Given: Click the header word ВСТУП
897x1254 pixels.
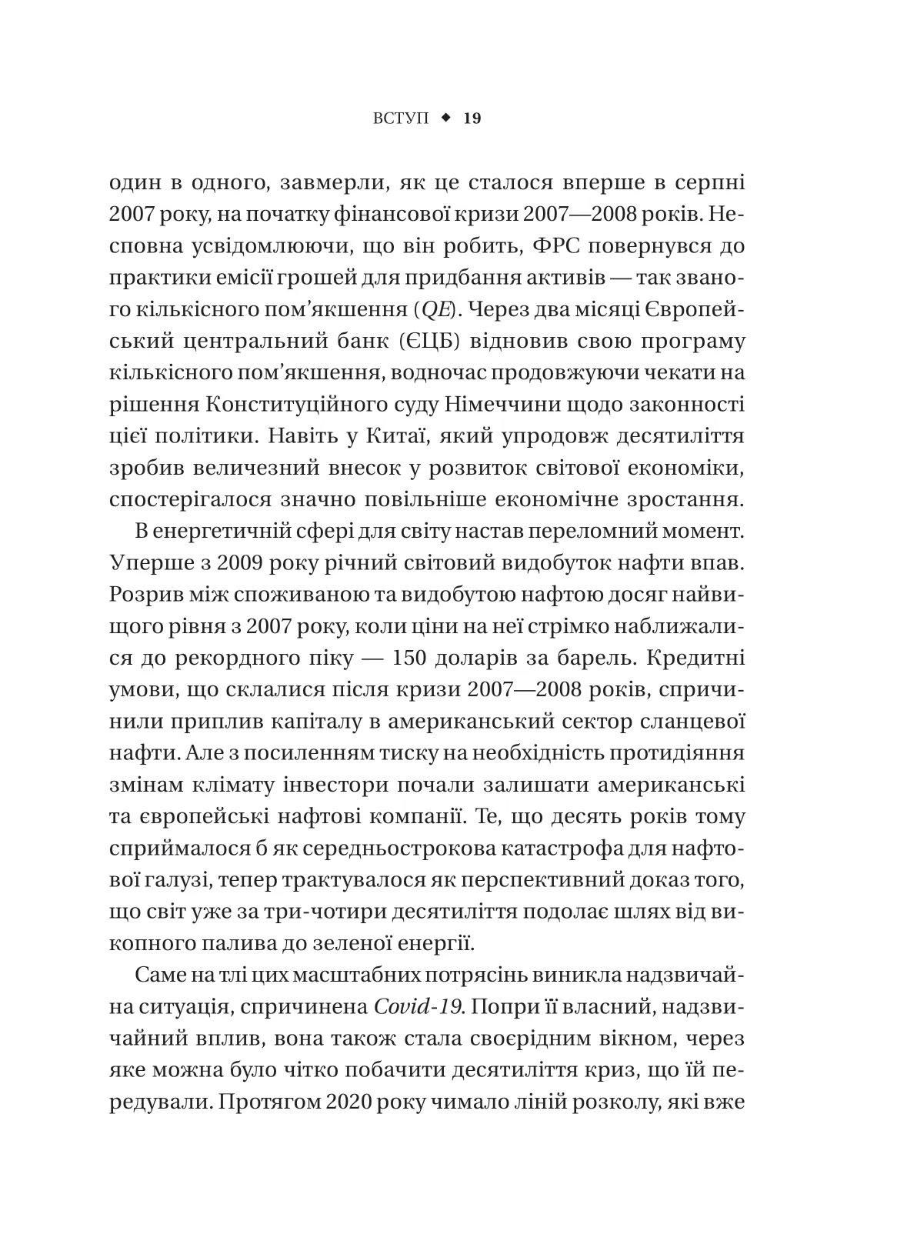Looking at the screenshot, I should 402,118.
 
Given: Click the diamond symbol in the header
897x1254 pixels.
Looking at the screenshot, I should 445,118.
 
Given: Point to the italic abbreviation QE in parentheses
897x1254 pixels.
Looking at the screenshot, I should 425,311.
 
